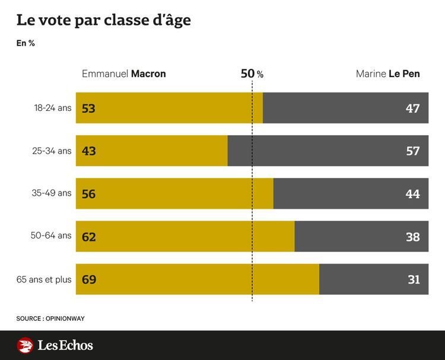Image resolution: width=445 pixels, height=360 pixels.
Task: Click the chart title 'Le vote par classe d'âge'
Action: tap(103, 21)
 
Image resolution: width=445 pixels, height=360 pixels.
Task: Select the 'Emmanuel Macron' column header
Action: tap(123, 74)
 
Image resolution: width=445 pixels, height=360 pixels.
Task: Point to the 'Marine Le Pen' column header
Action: tap(388, 74)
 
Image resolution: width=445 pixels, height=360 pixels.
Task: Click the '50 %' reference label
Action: tap(252, 74)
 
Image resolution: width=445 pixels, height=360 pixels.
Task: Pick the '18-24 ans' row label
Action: tap(52, 108)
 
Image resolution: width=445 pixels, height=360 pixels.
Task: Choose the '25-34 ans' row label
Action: tap(52, 151)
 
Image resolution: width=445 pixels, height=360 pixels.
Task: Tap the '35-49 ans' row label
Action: tap(52, 193)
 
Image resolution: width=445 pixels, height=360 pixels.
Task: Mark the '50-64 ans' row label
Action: tap(52, 236)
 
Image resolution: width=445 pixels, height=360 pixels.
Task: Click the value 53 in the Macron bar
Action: tap(89, 109)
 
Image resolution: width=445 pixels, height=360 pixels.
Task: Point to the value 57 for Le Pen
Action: tap(413, 151)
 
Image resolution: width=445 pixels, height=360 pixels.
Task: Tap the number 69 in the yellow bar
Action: tap(89, 279)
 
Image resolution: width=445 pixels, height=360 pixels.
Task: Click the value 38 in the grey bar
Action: tap(413, 237)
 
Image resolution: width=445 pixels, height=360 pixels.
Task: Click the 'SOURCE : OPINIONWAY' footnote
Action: tap(50, 318)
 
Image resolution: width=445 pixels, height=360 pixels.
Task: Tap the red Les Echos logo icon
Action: tap(25, 345)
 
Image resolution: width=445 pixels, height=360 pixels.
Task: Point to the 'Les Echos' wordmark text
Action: tap(65, 345)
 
